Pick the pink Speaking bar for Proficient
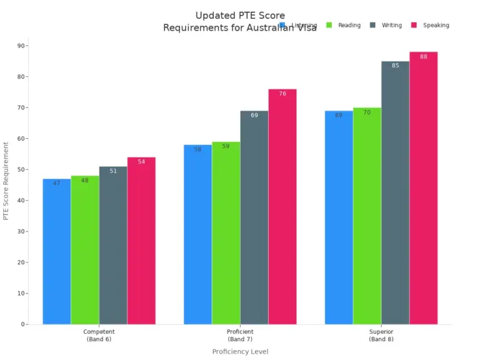click(282, 206)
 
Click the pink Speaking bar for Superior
click(423, 187)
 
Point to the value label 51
click(113, 171)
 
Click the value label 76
click(282, 94)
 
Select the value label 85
click(395, 66)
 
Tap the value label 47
click(56, 183)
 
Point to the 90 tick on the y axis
click(21, 46)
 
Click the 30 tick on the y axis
click(21, 231)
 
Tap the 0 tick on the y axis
click(23, 324)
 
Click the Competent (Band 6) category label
click(99, 335)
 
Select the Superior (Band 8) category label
click(381, 335)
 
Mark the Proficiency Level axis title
click(240, 351)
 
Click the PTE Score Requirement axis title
click(6, 181)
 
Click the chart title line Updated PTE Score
click(240, 15)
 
